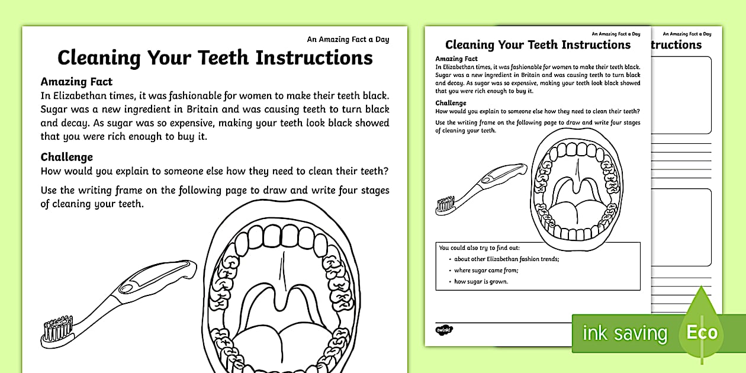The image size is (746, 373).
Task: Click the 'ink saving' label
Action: [625, 333]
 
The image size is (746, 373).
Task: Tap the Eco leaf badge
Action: [702, 332]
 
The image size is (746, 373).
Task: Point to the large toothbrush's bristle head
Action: [57, 329]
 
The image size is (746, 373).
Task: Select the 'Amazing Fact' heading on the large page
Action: [76, 82]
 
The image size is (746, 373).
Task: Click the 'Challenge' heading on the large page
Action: [67, 157]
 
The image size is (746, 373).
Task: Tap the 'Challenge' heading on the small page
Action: [451, 103]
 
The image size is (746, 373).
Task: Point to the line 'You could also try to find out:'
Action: [480, 247]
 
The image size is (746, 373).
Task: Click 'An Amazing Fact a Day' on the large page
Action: [348, 40]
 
